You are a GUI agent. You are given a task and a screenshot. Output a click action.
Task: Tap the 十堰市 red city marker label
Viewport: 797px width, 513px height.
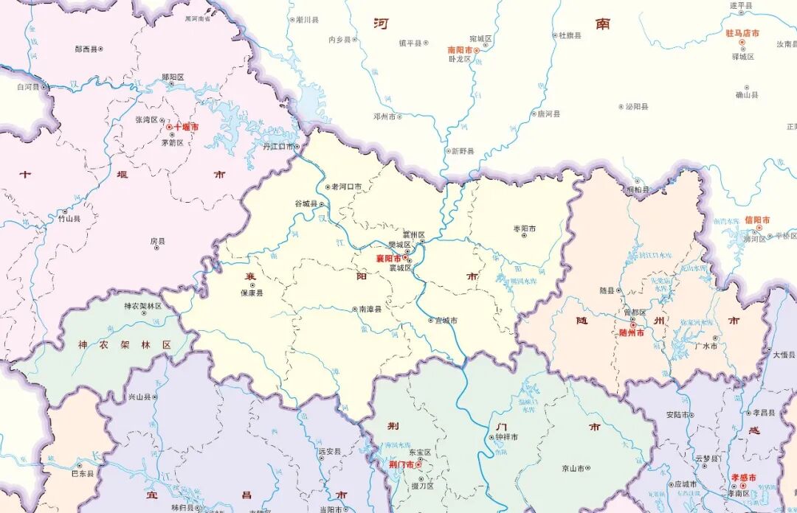186,127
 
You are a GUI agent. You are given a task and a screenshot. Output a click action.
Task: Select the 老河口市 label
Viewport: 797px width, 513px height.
347,186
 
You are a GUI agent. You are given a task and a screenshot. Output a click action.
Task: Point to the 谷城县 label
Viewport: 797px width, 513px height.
306,203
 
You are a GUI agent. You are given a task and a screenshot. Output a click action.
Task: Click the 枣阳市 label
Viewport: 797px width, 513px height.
527,228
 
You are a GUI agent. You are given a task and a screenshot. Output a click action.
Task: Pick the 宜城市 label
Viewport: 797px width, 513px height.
446,320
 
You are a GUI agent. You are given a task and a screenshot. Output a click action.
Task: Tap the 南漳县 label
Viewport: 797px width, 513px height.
370,310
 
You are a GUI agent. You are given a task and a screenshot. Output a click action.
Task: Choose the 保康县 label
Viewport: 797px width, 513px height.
252,293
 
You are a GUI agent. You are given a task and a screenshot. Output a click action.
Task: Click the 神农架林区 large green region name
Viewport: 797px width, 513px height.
125,344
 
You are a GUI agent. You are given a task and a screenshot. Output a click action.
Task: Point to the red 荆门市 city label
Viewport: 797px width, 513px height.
401,464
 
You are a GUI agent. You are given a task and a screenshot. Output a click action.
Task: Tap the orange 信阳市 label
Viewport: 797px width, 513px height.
757,220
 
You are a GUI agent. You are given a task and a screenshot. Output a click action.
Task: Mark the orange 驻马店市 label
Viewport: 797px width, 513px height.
742,32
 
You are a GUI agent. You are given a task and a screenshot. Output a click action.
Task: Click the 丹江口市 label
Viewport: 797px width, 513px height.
278,147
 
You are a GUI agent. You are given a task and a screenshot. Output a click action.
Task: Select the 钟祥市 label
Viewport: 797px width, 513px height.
506,437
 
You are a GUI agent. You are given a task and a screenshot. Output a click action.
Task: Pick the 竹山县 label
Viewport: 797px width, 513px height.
69,219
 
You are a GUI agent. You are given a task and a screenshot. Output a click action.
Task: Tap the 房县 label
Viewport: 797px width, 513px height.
157,240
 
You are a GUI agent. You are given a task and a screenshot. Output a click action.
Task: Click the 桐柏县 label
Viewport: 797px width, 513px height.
638,189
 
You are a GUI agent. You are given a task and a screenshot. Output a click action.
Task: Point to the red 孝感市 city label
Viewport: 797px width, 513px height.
743,478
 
